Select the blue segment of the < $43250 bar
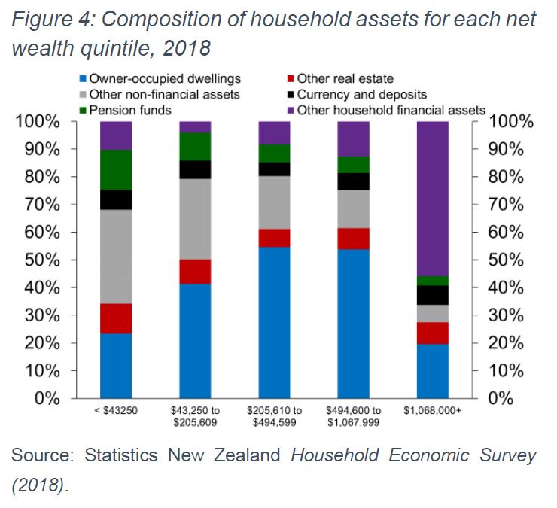116,365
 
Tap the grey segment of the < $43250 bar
116,256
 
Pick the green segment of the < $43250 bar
116,169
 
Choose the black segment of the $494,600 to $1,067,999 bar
353,181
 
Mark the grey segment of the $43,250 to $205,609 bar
195,219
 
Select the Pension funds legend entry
124,110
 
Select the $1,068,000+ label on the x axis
432,410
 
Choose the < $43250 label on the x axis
116,410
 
